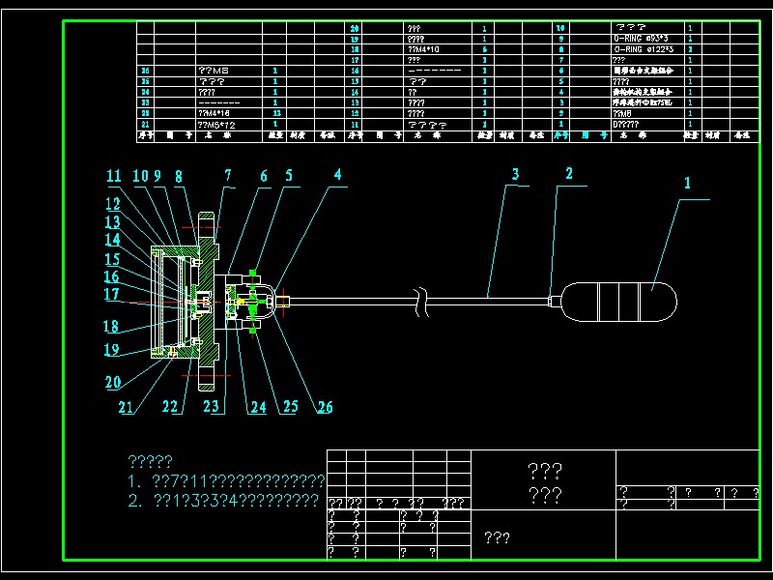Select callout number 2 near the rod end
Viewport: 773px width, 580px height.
pos(569,174)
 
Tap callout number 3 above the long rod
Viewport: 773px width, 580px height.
pos(516,175)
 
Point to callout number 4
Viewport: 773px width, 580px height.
pos(337,175)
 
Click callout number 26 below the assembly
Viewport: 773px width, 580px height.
pos(325,407)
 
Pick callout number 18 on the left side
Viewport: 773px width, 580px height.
pos(111,327)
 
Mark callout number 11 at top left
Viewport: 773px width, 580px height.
pos(114,176)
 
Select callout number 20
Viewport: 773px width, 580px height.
pos(113,383)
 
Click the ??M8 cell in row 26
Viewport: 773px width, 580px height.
pos(213,71)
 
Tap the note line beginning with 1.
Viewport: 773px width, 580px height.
pos(227,480)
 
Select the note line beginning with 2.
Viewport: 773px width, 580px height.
pos(223,500)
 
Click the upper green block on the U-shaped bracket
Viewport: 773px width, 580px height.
pos(252,272)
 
